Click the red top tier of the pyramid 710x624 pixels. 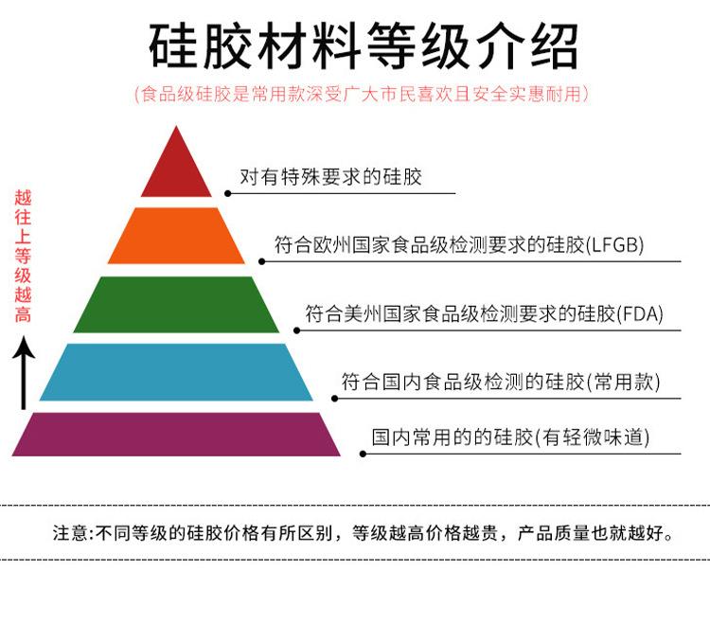[x=176, y=171]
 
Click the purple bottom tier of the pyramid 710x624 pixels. [x=176, y=435]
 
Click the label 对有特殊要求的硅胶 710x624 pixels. [x=330, y=177]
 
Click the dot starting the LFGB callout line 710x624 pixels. [x=262, y=260]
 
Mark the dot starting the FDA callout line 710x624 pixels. [x=296, y=330]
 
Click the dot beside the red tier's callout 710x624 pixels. [x=227, y=192]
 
